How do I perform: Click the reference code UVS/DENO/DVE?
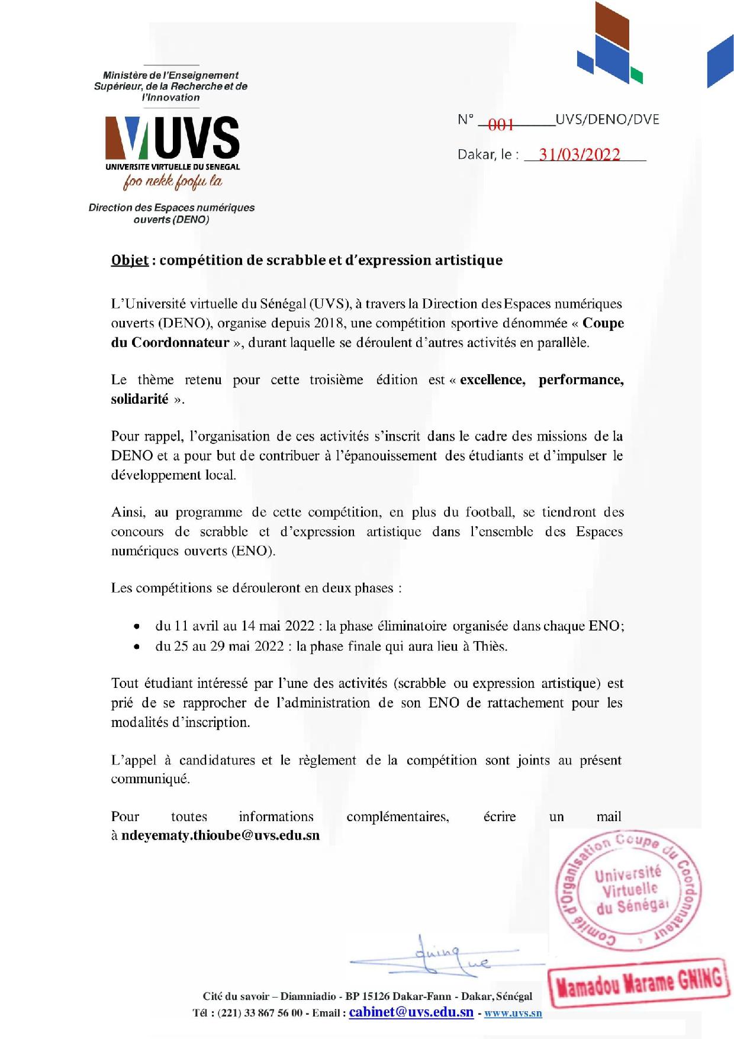[607, 119]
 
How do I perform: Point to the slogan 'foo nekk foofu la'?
[173, 182]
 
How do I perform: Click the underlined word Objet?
[130, 260]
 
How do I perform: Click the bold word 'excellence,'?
[492, 379]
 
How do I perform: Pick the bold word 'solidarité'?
[140, 399]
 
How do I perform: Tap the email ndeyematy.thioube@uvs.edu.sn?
[220, 835]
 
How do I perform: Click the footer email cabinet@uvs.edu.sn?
[411, 1012]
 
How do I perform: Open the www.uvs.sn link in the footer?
[513, 1013]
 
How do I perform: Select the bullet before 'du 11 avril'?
[137, 626]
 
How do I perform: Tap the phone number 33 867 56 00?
[273, 1013]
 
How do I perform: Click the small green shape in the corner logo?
[636, 76]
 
